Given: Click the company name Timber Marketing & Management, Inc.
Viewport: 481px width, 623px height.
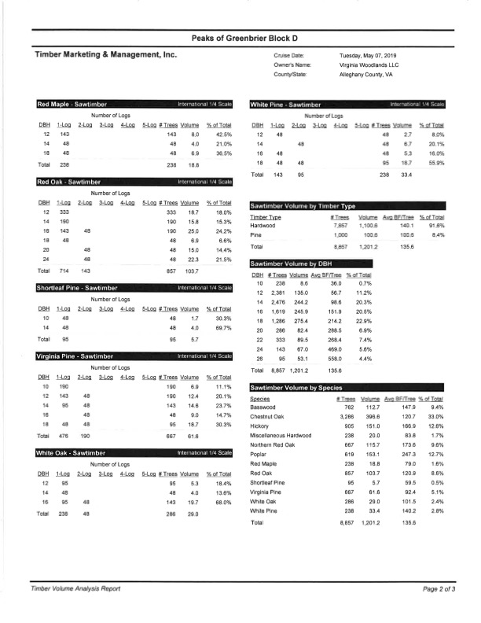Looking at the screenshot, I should (106, 55).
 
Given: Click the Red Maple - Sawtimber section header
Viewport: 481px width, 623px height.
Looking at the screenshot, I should (72, 104).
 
